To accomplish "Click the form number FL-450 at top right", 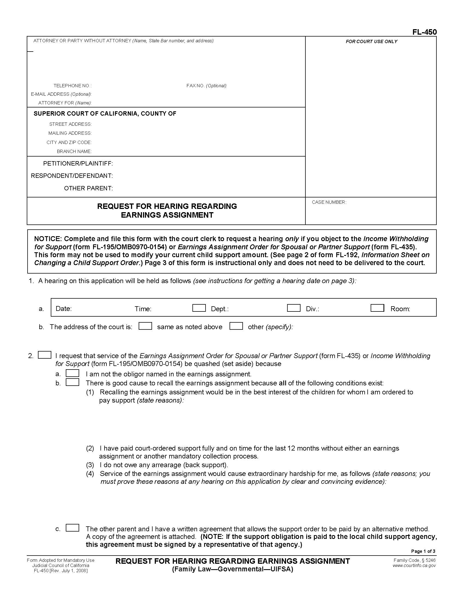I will click(x=424, y=32).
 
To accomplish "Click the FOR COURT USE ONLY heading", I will click(x=371, y=41).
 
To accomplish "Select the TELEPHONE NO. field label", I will click(x=73, y=86).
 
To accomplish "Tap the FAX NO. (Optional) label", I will click(x=206, y=86).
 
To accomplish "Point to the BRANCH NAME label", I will click(x=74, y=151).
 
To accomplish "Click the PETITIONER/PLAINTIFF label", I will click(x=78, y=164).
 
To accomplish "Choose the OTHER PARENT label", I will click(x=88, y=188).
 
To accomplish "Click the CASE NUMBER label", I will click(x=329, y=202).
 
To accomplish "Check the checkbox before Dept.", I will click(x=199, y=308).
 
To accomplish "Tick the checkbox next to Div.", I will click(x=294, y=308).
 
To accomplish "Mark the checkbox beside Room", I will click(x=377, y=308).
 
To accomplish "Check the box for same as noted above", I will click(x=145, y=326).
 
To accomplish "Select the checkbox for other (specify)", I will click(x=236, y=326).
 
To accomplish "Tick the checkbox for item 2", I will click(x=44, y=355).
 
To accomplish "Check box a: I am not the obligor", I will click(x=72, y=373).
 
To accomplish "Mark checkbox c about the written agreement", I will click(x=72, y=528).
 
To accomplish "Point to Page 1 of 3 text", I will click(x=423, y=551).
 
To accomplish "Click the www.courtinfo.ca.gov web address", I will click(x=414, y=565).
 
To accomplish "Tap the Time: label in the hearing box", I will click(x=143, y=309).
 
